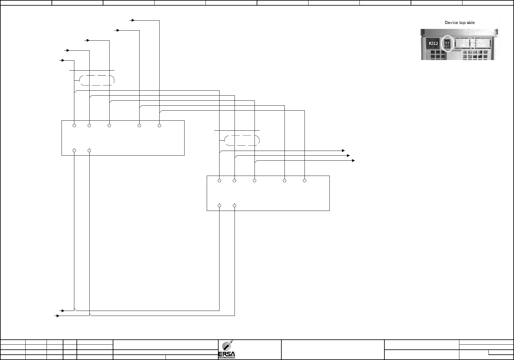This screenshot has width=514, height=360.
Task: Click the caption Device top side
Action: point(460,22)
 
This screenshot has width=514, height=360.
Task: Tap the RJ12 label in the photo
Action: point(433,44)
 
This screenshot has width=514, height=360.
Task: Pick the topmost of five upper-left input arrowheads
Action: point(133,20)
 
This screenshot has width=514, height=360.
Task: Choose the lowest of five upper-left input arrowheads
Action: point(63,60)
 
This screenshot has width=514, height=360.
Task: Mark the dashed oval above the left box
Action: point(97,80)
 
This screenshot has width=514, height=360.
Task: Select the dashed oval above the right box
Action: point(242,140)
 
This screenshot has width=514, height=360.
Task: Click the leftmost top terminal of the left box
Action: point(74,126)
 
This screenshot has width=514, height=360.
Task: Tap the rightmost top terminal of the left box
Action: point(159,126)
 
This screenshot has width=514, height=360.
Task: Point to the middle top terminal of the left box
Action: point(109,126)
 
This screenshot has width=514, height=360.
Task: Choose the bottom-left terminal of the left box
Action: point(74,151)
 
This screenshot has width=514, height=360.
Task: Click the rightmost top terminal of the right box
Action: point(304,181)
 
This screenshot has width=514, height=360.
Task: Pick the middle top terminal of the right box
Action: point(255,181)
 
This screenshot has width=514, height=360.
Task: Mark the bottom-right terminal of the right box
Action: point(235,206)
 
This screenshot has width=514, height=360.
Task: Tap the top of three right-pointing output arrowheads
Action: point(343,150)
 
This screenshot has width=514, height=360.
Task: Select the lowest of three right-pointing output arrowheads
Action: point(353,160)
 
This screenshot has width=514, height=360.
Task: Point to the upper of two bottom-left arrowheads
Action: point(63,311)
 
